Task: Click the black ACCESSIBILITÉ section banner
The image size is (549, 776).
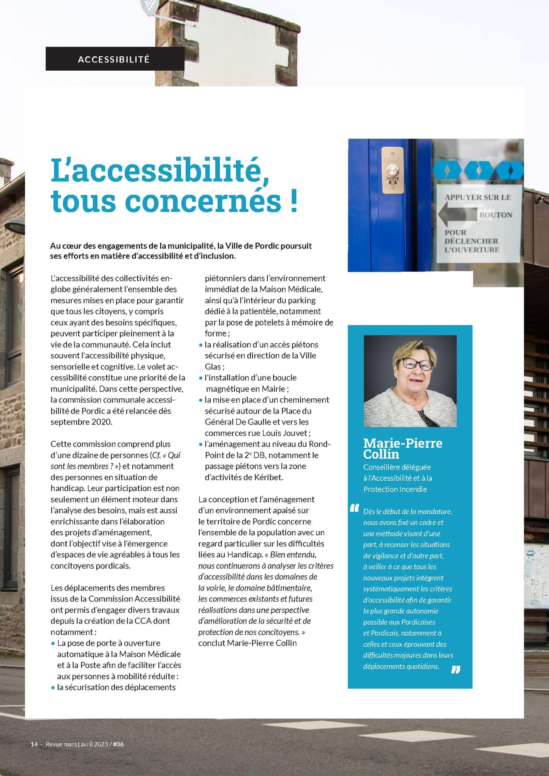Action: (x=115, y=59)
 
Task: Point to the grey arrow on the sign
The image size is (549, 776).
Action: (x=457, y=215)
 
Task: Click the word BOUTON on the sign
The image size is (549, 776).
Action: (x=496, y=215)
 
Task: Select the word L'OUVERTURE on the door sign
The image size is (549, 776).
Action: (x=472, y=250)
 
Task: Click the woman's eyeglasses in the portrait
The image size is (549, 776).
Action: (x=416, y=365)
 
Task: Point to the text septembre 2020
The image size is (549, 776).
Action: (x=81, y=422)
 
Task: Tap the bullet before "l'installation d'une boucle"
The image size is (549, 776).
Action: (x=200, y=378)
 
